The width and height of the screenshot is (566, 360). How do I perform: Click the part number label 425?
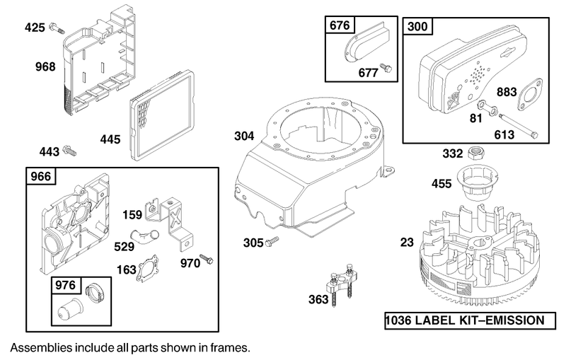tap(35, 28)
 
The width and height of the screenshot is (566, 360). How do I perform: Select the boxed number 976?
tap(64, 286)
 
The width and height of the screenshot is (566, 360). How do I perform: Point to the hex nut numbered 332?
tap(477, 153)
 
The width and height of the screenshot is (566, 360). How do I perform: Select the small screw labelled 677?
tap(387, 67)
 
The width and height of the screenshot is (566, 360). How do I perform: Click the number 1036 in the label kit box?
tap(401, 321)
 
